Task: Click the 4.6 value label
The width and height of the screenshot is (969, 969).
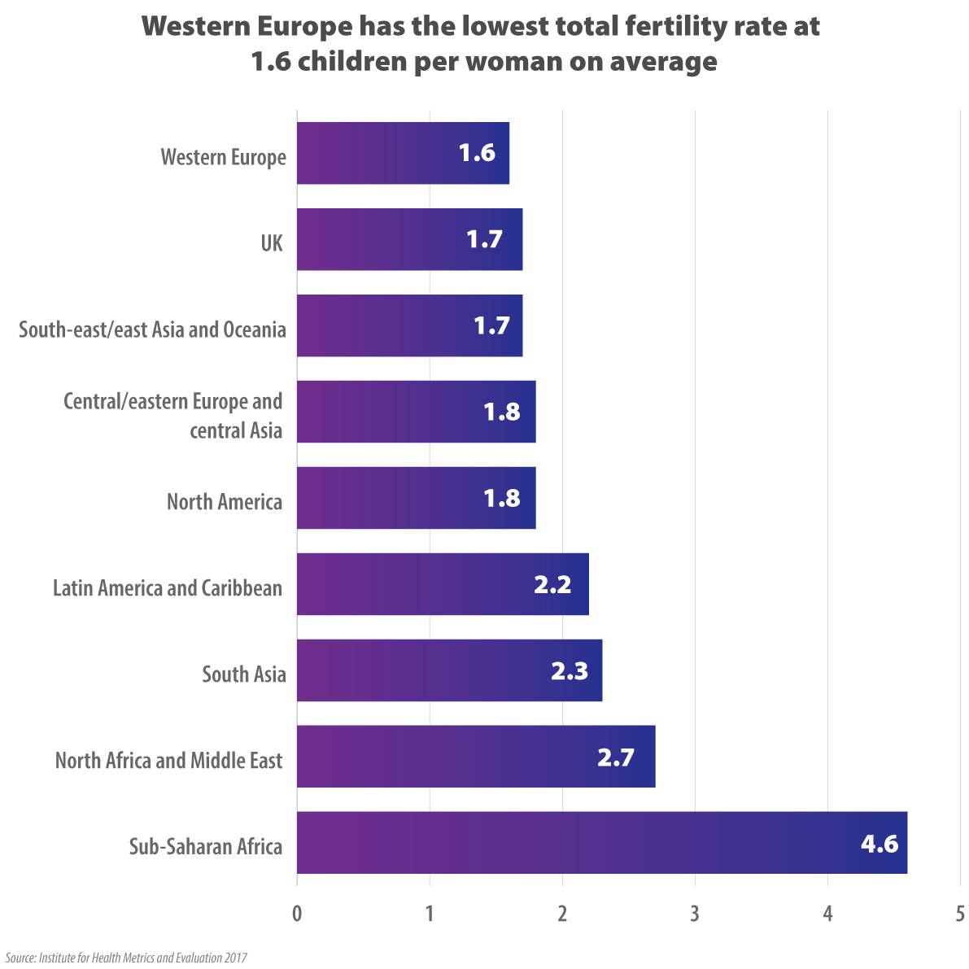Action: pyautogui.click(x=879, y=843)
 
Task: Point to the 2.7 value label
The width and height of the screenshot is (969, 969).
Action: pyautogui.click(x=615, y=757)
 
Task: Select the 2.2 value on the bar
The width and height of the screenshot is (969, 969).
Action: pyautogui.click(x=552, y=584)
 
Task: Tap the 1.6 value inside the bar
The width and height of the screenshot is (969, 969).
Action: pyautogui.click(x=477, y=153)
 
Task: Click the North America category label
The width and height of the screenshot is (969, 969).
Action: pyautogui.click(x=225, y=501)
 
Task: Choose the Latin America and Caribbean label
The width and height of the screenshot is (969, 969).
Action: pyautogui.click(x=168, y=587)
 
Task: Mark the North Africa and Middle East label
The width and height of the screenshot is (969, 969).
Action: pyautogui.click(x=168, y=760)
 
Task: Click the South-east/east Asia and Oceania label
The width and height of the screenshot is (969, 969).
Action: pyautogui.click(x=152, y=330)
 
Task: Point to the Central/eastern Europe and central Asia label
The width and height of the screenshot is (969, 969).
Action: pyautogui.click(x=173, y=416)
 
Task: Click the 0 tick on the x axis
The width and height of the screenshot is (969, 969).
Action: pyautogui.click(x=297, y=914)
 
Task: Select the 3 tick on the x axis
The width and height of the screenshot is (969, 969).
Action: pyautogui.click(x=695, y=914)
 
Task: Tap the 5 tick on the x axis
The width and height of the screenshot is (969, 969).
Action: pyautogui.click(x=960, y=914)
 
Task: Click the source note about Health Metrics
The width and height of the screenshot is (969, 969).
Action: pyautogui.click(x=126, y=958)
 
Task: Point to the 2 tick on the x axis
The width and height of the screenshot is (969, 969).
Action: pyautogui.click(x=562, y=914)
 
